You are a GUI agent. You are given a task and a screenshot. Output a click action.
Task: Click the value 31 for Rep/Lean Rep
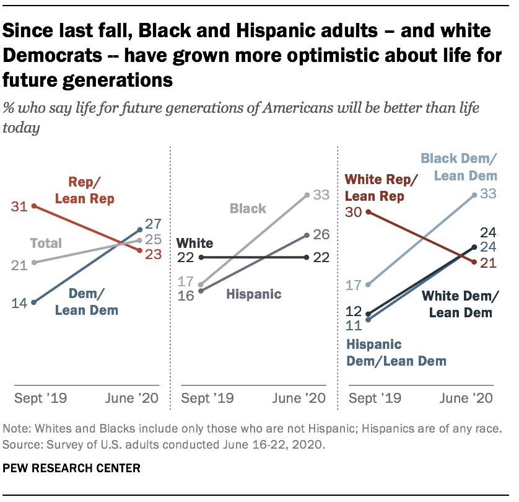(x=19, y=206)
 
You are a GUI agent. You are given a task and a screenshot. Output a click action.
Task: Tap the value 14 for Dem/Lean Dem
(x=19, y=303)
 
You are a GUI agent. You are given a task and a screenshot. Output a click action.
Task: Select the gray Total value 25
(x=153, y=239)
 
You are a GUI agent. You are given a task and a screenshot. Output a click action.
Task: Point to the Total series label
(x=46, y=243)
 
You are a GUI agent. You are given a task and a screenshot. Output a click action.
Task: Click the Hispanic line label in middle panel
(x=254, y=294)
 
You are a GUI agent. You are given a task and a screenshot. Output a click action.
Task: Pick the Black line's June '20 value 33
(x=321, y=195)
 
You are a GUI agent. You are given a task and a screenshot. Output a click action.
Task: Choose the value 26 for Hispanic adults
(x=321, y=235)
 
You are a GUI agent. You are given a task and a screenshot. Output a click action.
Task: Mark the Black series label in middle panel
(x=248, y=208)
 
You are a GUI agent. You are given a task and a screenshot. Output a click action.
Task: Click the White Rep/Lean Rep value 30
(x=354, y=212)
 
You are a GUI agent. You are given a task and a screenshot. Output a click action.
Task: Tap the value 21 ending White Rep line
(x=489, y=263)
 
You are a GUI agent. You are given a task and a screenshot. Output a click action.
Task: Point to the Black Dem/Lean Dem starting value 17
(x=354, y=285)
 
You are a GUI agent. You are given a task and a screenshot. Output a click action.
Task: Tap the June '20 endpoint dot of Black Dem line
(x=475, y=195)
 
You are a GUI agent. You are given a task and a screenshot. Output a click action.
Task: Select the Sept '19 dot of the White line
(x=201, y=257)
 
